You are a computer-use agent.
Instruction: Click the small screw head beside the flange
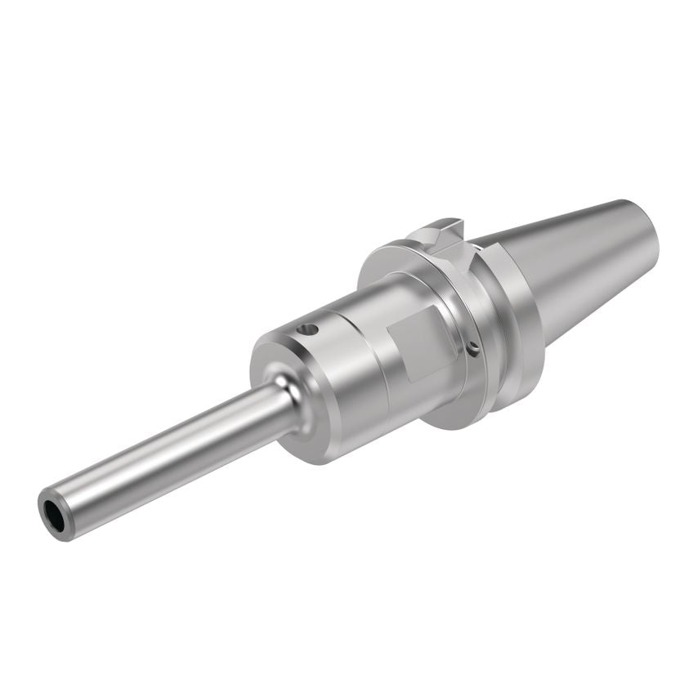(475, 349)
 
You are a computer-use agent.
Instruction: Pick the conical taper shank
(588, 262)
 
